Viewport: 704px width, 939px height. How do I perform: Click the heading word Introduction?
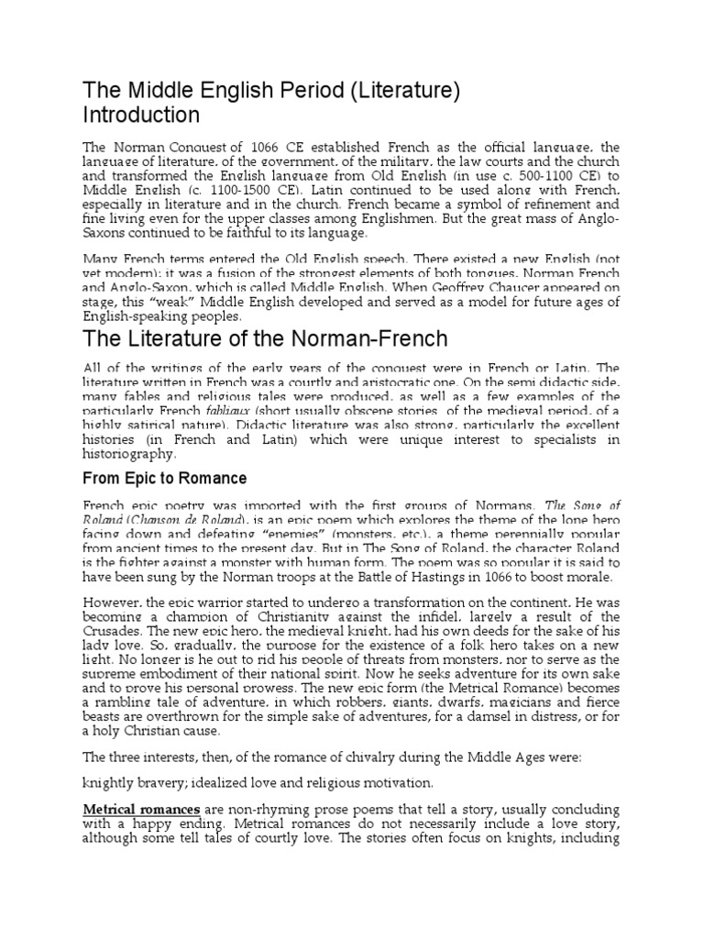141,116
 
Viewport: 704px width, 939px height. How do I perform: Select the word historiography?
129,454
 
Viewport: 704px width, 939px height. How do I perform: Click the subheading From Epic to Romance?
165,479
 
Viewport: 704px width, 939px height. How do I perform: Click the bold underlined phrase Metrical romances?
142,810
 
